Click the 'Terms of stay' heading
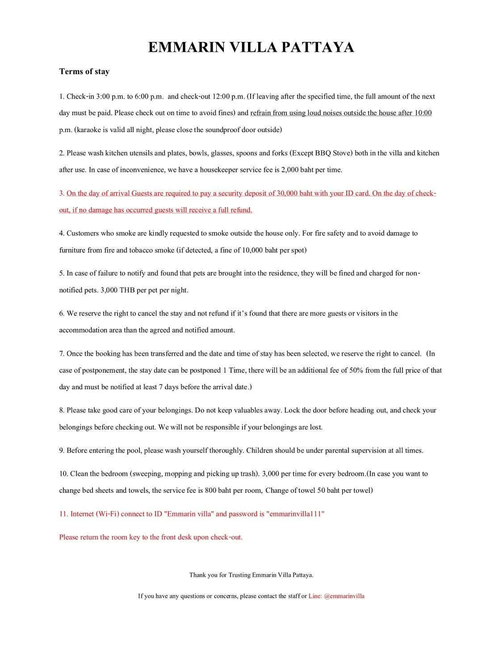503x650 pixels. [84, 71]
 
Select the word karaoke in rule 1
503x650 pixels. [88, 130]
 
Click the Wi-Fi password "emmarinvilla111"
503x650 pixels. [295, 514]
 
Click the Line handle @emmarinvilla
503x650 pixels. [344, 596]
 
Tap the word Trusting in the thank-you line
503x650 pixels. [239, 575]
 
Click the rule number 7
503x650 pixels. [62, 354]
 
